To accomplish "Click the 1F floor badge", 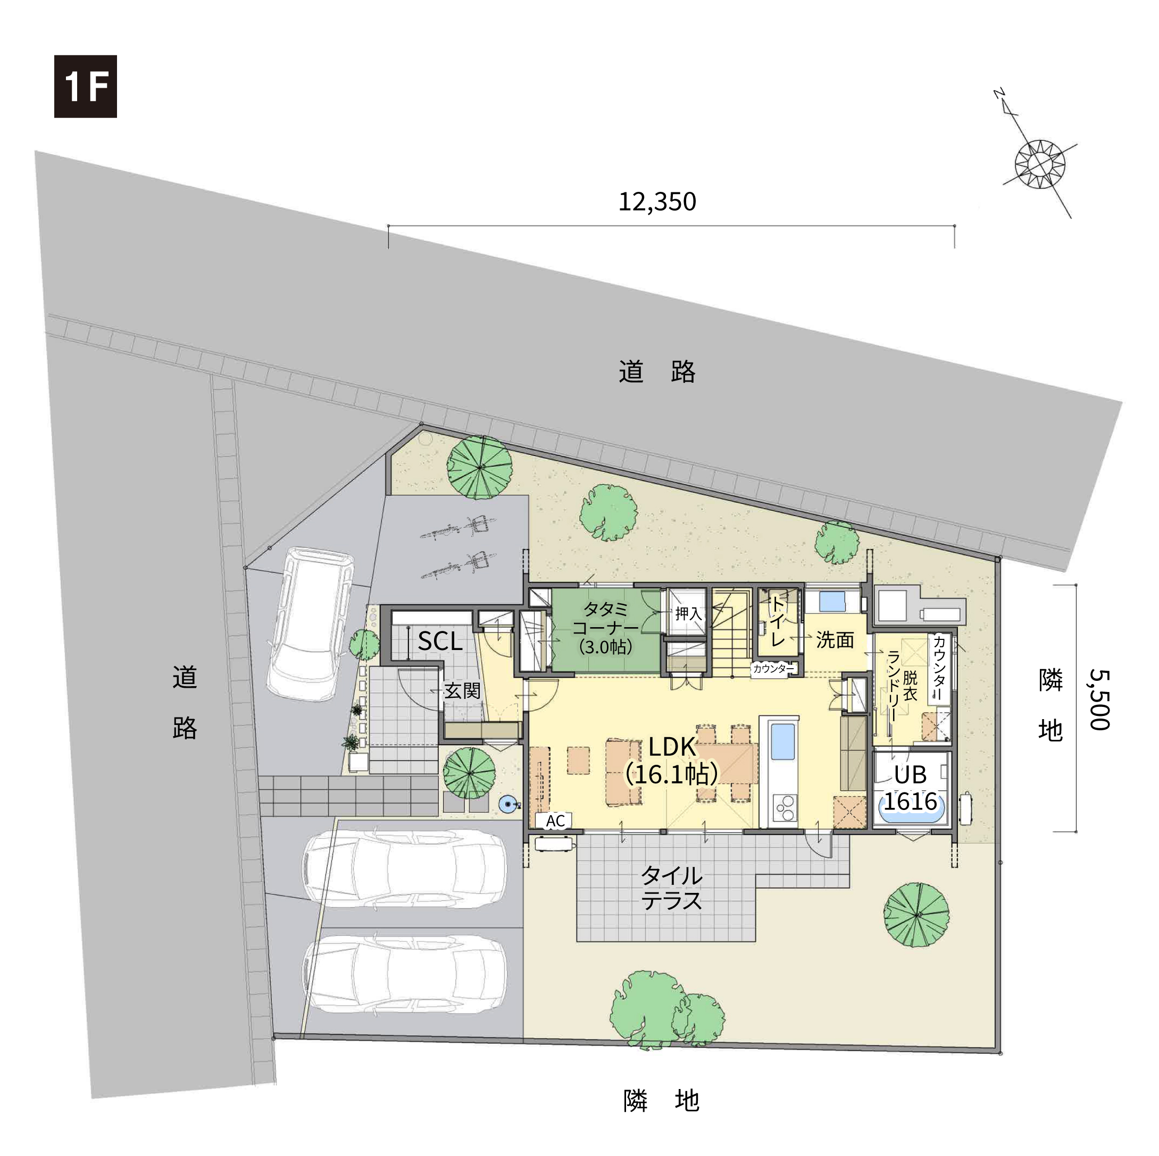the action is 85,86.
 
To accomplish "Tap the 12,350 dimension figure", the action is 657,201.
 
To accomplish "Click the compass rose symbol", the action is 1040,163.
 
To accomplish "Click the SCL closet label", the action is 440,642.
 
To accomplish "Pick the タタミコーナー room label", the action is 605,627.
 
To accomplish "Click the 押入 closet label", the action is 688,613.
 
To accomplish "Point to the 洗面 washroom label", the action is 835,640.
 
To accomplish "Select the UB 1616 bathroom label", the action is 910,788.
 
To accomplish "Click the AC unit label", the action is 555,821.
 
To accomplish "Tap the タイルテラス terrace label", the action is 671,888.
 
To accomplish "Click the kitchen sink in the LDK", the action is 782,741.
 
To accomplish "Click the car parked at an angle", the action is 310,623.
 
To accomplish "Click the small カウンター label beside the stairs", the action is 773,669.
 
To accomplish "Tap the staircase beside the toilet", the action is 731,632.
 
